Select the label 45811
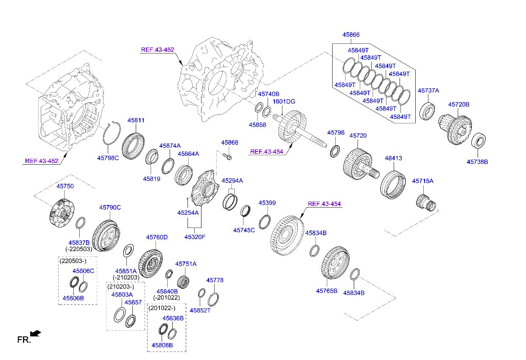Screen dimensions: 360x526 [136, 121]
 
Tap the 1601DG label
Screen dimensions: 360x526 [284, 101]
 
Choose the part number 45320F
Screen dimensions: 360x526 [194, 236]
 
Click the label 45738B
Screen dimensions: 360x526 [477, 162]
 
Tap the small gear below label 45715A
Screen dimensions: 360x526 [425, 201]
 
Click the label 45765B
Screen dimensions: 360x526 [326, 291]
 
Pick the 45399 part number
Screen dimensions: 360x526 [267, 203]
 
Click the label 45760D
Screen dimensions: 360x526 [157, 237]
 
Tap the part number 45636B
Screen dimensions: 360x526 [173, 318]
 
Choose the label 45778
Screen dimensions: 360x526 [215, 280]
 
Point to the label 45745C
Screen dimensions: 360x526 [244, 230]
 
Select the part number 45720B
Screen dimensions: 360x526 [459, 104]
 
